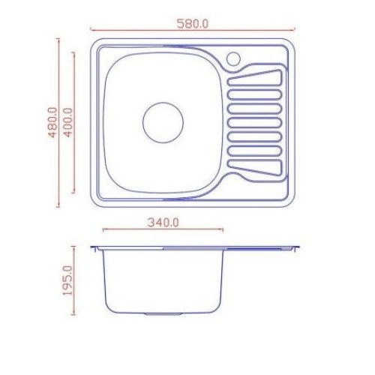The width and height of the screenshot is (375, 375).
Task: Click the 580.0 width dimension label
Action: (x=192, y=24)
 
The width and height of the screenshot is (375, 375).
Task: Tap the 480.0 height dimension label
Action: (x=53, y=122)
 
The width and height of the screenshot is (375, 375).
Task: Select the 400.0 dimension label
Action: (x=68, y=122)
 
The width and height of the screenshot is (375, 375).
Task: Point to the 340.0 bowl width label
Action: (x=163, y=222)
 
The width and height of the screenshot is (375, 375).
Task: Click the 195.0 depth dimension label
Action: (x=67, y=280)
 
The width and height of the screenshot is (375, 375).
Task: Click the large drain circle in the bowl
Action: (x=163, y=103)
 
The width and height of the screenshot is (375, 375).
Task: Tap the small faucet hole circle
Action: (x=233, y=52)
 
